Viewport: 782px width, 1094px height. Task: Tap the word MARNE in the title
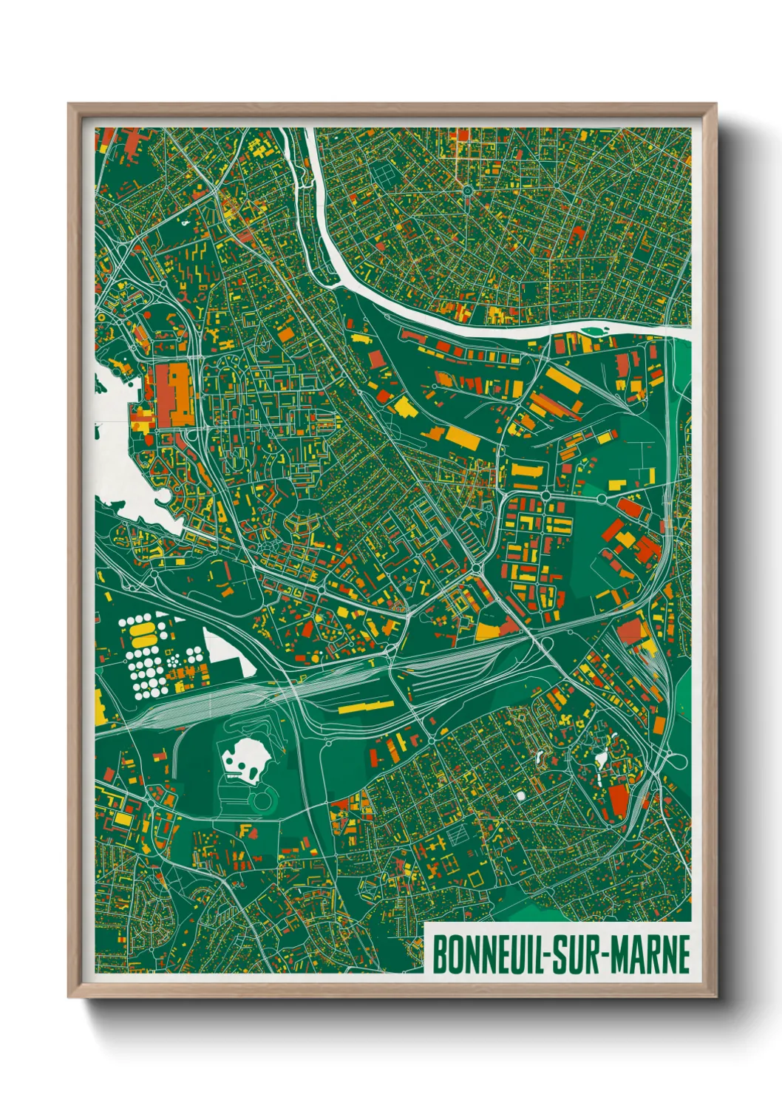650,954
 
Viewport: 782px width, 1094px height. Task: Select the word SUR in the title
576,954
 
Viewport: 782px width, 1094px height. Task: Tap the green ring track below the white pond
262,798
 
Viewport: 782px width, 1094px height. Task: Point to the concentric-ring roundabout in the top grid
468,190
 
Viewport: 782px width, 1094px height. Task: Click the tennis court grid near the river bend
384,173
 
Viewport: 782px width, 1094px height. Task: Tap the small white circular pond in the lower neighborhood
520,795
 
